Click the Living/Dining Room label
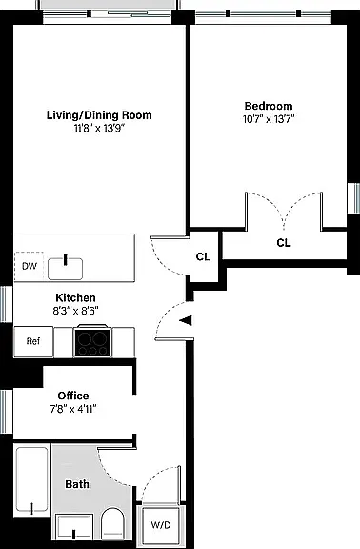(x=99, y=115)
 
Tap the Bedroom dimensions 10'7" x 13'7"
(x=269, y=119)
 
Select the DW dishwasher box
(x=29, y=266)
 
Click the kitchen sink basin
(x=66, y=269)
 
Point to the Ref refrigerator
(x=33, y=341)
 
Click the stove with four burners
(x=92, y=341)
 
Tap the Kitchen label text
(x=75, y=298)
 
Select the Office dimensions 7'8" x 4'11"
(x=73, y=409)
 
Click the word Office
(x=73, y=396)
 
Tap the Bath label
(x=77, y=484)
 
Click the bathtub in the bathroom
(x=32, y=480)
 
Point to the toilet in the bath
(x=112, y=524)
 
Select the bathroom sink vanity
(x=74, y=528)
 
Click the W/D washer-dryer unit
(x=161, y=525)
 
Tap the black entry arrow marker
(x=186, y=320)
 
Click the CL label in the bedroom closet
(x=284, y=243)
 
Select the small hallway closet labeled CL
(x=203, y=256)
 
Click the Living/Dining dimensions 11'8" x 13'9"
(x=99, y=128)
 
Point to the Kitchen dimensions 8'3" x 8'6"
(x=75, y=311)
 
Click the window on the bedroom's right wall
(x=353, y=198)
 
